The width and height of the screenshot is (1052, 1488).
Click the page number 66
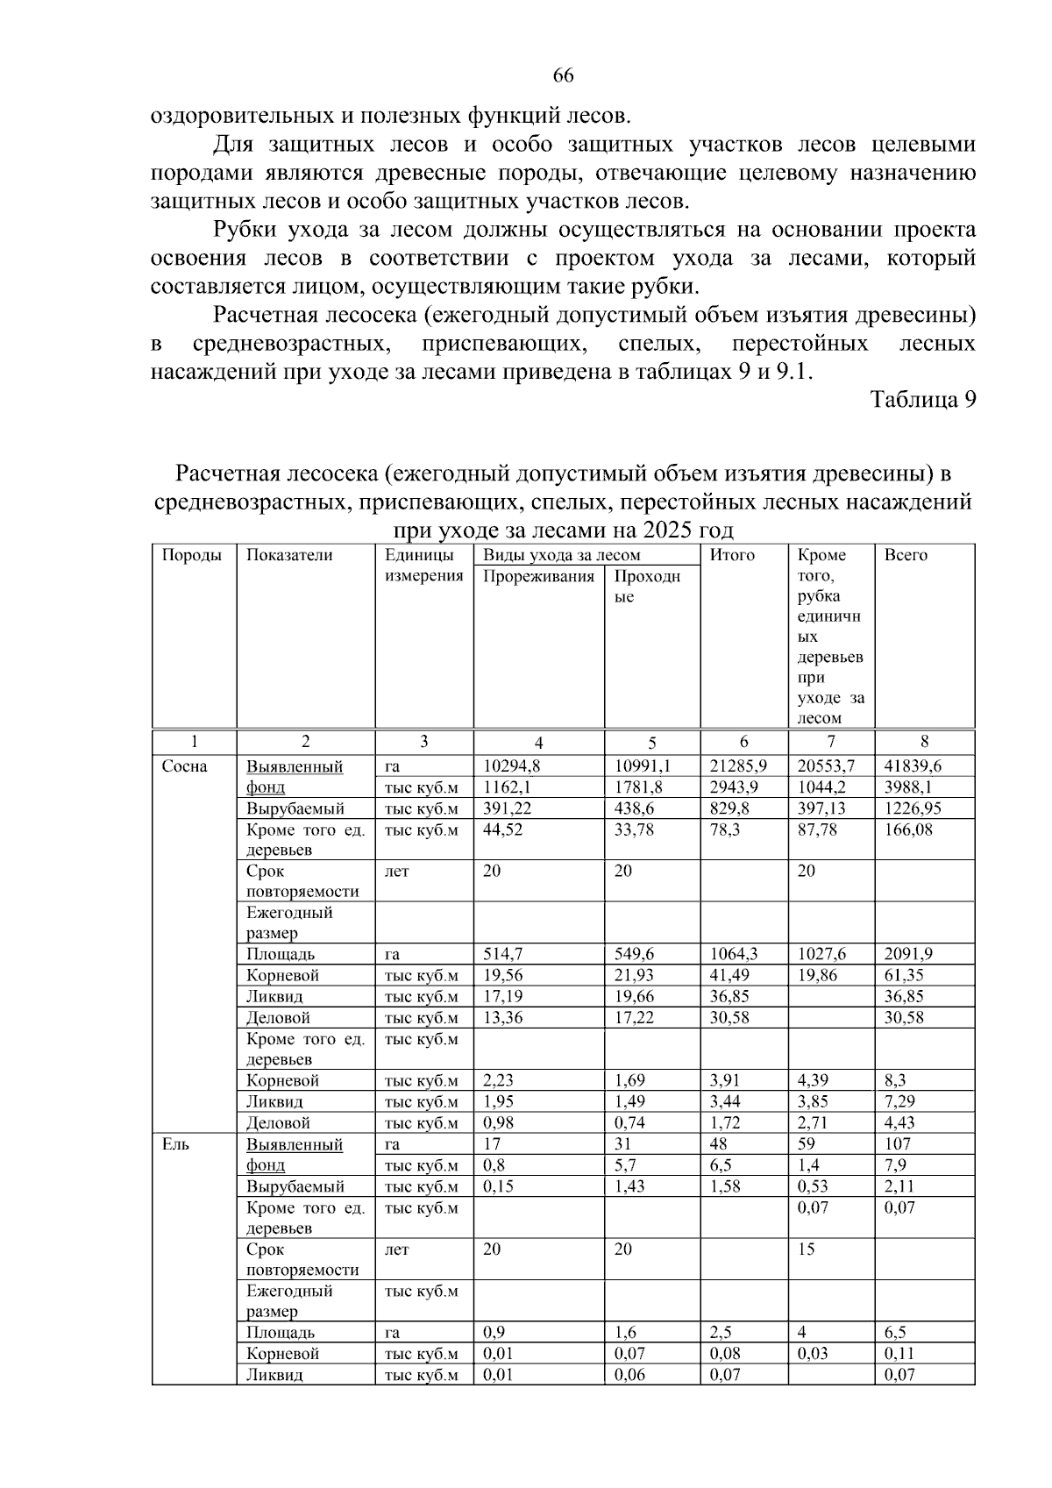click(563, 76)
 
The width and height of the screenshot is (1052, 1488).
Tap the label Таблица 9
click(922, 400)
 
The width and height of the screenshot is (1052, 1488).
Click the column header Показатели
click(289, 555)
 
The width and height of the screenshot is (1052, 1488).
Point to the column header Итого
click(732, 555)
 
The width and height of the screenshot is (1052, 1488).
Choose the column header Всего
click(906, 555)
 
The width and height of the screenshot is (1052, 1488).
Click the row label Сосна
click(185, 767)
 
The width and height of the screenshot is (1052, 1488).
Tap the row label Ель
click(175, 1144)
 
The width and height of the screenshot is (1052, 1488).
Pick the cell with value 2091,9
click(910, 954)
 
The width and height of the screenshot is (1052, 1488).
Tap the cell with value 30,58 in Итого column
click(729, 1018)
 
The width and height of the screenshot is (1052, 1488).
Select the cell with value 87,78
click(817, 829)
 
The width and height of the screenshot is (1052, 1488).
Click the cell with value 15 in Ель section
click(806, 1249)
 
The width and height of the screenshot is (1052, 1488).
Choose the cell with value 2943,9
click(734, 787)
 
